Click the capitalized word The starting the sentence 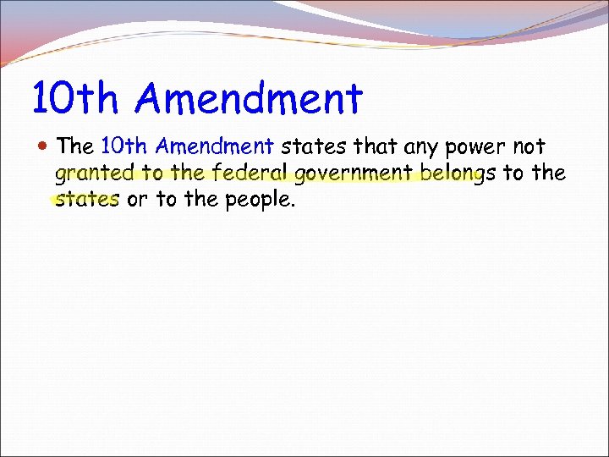75,146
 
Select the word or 135,201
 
